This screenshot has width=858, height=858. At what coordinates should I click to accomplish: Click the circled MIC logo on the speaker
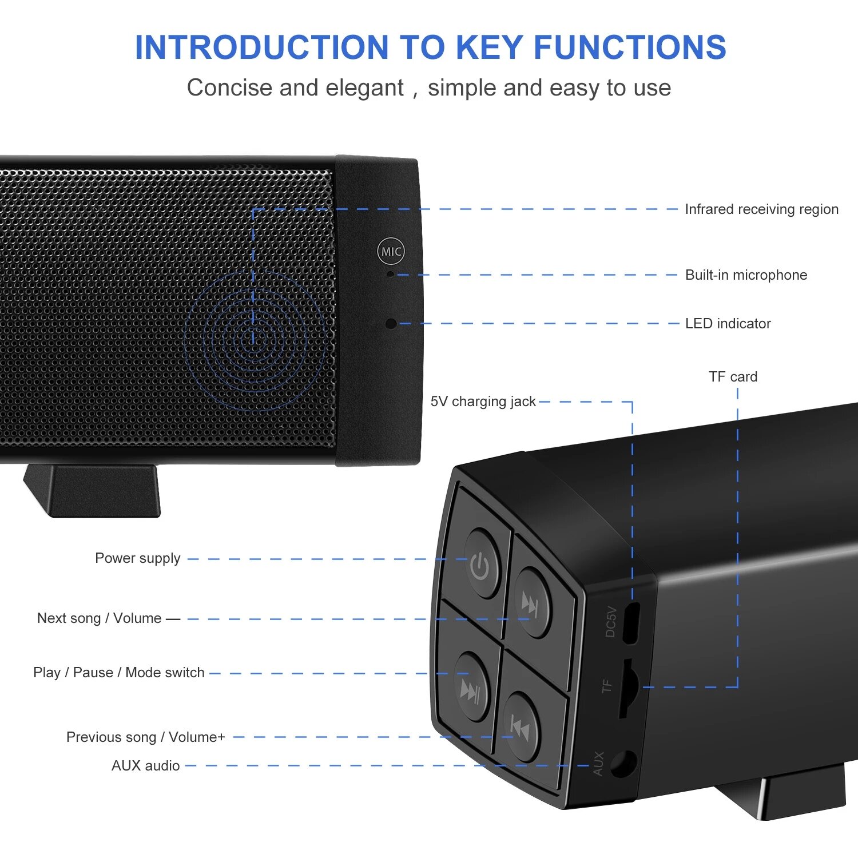coord(391,251)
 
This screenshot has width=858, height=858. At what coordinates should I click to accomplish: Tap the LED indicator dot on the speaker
coord(391,324)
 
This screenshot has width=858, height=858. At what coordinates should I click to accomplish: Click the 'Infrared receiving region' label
coord(761,209)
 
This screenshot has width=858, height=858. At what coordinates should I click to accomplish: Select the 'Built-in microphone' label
coord(746,275)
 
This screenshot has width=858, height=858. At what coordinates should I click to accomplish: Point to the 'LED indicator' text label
coord(728,324)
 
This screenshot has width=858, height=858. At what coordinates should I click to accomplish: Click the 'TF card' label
coord(733,377)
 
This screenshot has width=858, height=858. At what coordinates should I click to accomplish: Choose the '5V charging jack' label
coord(483,402)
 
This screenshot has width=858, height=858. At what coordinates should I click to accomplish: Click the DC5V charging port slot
coord(630,623)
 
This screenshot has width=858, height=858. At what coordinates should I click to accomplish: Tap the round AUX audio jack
coord(623,763)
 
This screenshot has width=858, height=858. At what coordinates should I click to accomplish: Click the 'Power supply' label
coord(137,558)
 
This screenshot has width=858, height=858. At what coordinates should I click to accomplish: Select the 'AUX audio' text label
coord(145,766)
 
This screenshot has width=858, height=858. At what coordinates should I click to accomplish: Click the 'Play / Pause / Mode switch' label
coord(118,673)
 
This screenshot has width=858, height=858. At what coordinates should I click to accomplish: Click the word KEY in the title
coord(490,47)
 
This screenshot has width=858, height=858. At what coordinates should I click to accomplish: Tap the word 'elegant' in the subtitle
coord(364,88)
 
